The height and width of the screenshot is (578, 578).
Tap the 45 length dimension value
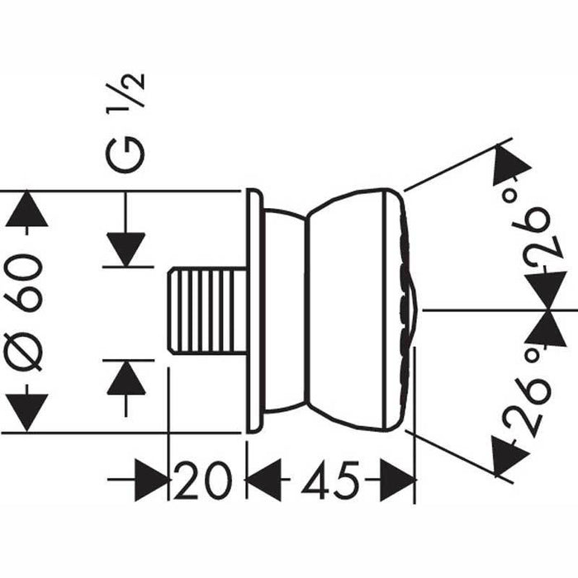(329, 480)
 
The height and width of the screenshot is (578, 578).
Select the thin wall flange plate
(254, 310)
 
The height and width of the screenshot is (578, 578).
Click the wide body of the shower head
(351, 310)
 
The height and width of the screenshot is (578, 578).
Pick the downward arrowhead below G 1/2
(126, 249)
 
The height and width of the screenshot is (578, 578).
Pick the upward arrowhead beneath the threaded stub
(126, 378)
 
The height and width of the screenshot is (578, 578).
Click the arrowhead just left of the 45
(264, 480)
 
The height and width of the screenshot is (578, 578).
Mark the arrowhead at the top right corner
(509, 166)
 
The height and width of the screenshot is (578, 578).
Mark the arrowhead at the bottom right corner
(509, 455)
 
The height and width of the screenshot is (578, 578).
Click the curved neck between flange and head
(285, 310)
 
